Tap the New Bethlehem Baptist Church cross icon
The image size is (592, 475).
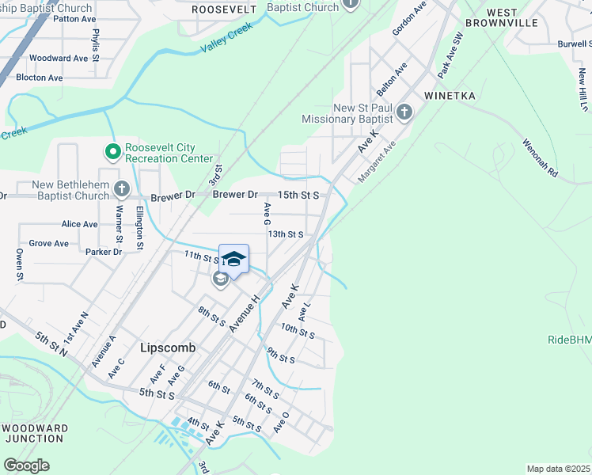click(121, 188)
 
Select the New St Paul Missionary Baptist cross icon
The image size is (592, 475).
click(404, 111)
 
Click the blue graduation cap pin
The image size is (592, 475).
click(233, 260)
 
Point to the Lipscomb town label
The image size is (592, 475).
click(167, 348)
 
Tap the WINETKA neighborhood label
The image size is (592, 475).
click(449, 96)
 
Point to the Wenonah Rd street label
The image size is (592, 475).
click(540, 158)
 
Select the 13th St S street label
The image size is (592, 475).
click(285, 234)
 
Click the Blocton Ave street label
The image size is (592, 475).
click(39, 78)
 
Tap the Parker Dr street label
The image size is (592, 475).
click(104, 252)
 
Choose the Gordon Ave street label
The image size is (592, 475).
click(409, 15)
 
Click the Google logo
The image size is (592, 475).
click(26, 465)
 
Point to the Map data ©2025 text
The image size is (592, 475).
click(558, 469)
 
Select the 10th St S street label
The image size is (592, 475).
click(298, 331)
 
